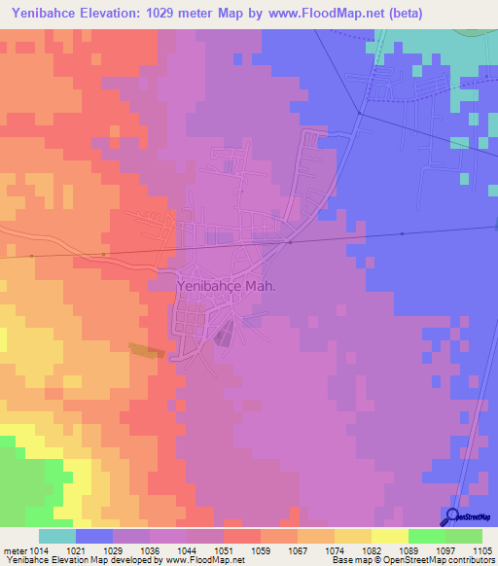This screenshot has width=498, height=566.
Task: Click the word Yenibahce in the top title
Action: coord(44,15)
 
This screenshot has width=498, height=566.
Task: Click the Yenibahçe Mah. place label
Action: coord(227,287)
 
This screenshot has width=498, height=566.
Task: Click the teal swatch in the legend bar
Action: coord(57,536)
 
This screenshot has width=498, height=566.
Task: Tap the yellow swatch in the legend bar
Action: coord(390,536)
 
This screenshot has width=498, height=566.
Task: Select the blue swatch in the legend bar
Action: coord(94,536)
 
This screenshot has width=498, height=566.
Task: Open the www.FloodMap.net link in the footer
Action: coord(206,561)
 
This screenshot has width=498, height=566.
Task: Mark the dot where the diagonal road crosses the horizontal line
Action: coord(290,243)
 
